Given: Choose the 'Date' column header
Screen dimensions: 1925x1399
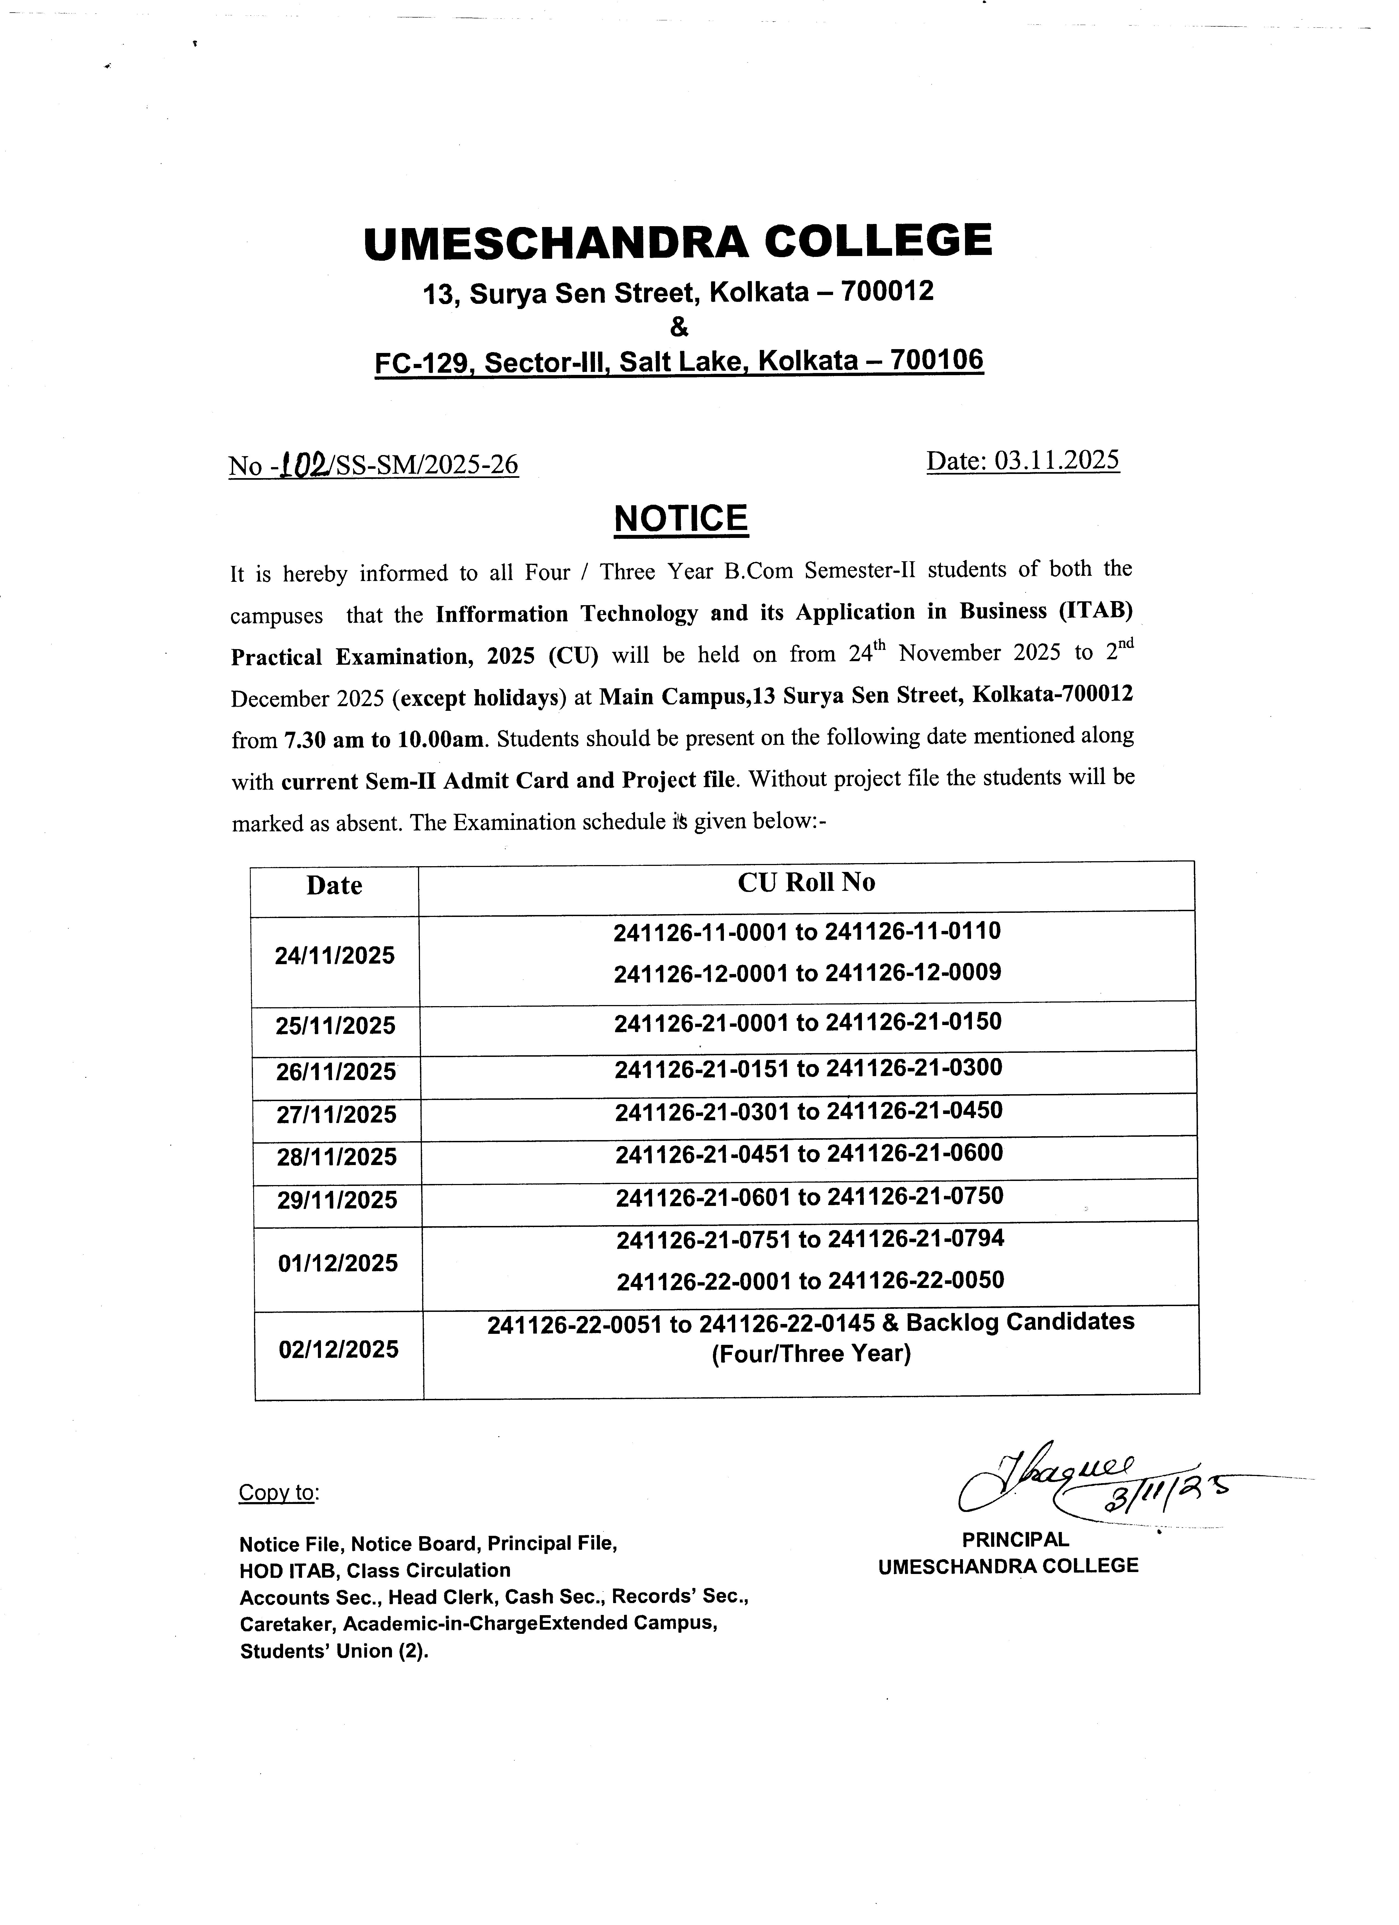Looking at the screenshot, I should (334, 886).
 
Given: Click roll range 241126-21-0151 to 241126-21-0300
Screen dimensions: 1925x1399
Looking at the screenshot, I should (808, 1068).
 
